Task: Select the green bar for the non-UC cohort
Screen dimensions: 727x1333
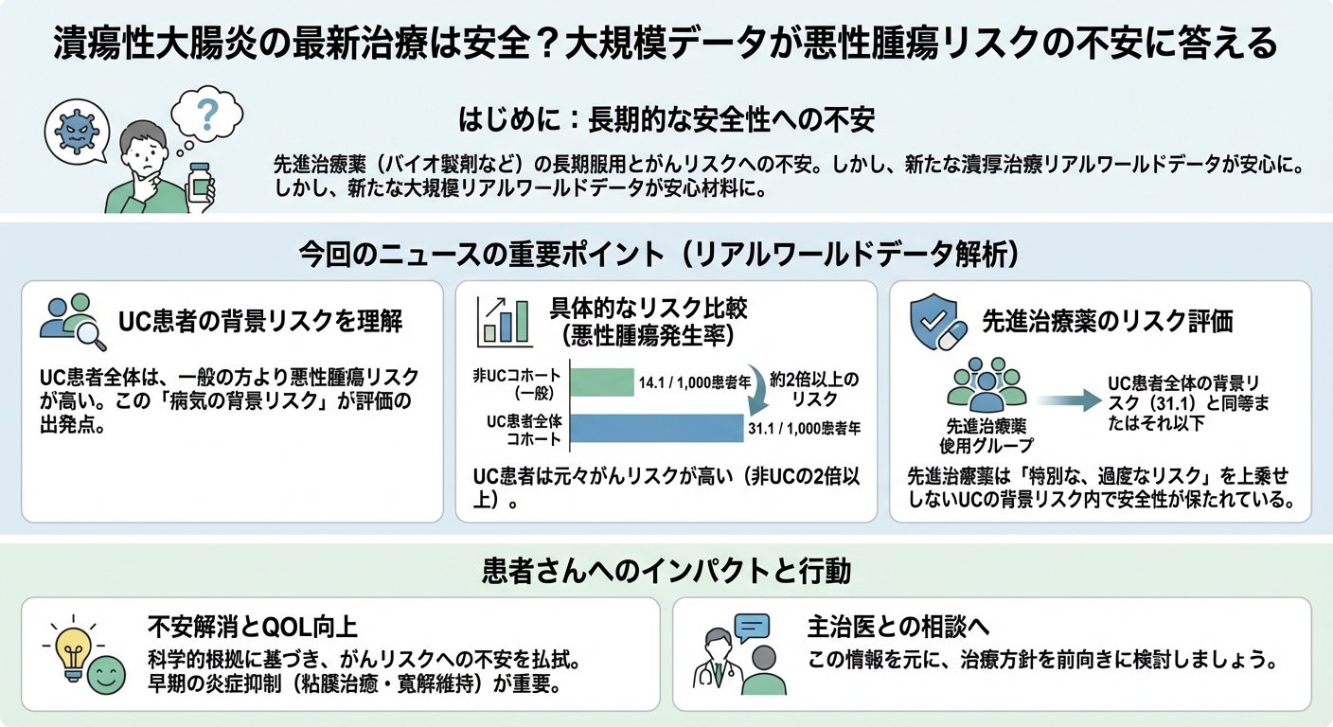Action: click(x=602, y=383)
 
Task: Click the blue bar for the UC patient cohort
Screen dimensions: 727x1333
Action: click(x=654, y=430)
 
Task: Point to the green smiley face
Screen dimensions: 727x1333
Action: click(x=106, y=675)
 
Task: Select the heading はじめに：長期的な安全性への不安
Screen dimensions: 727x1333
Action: click(x=666, y=120)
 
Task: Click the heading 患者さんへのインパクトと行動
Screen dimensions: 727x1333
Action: click(x=666, y=571)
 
